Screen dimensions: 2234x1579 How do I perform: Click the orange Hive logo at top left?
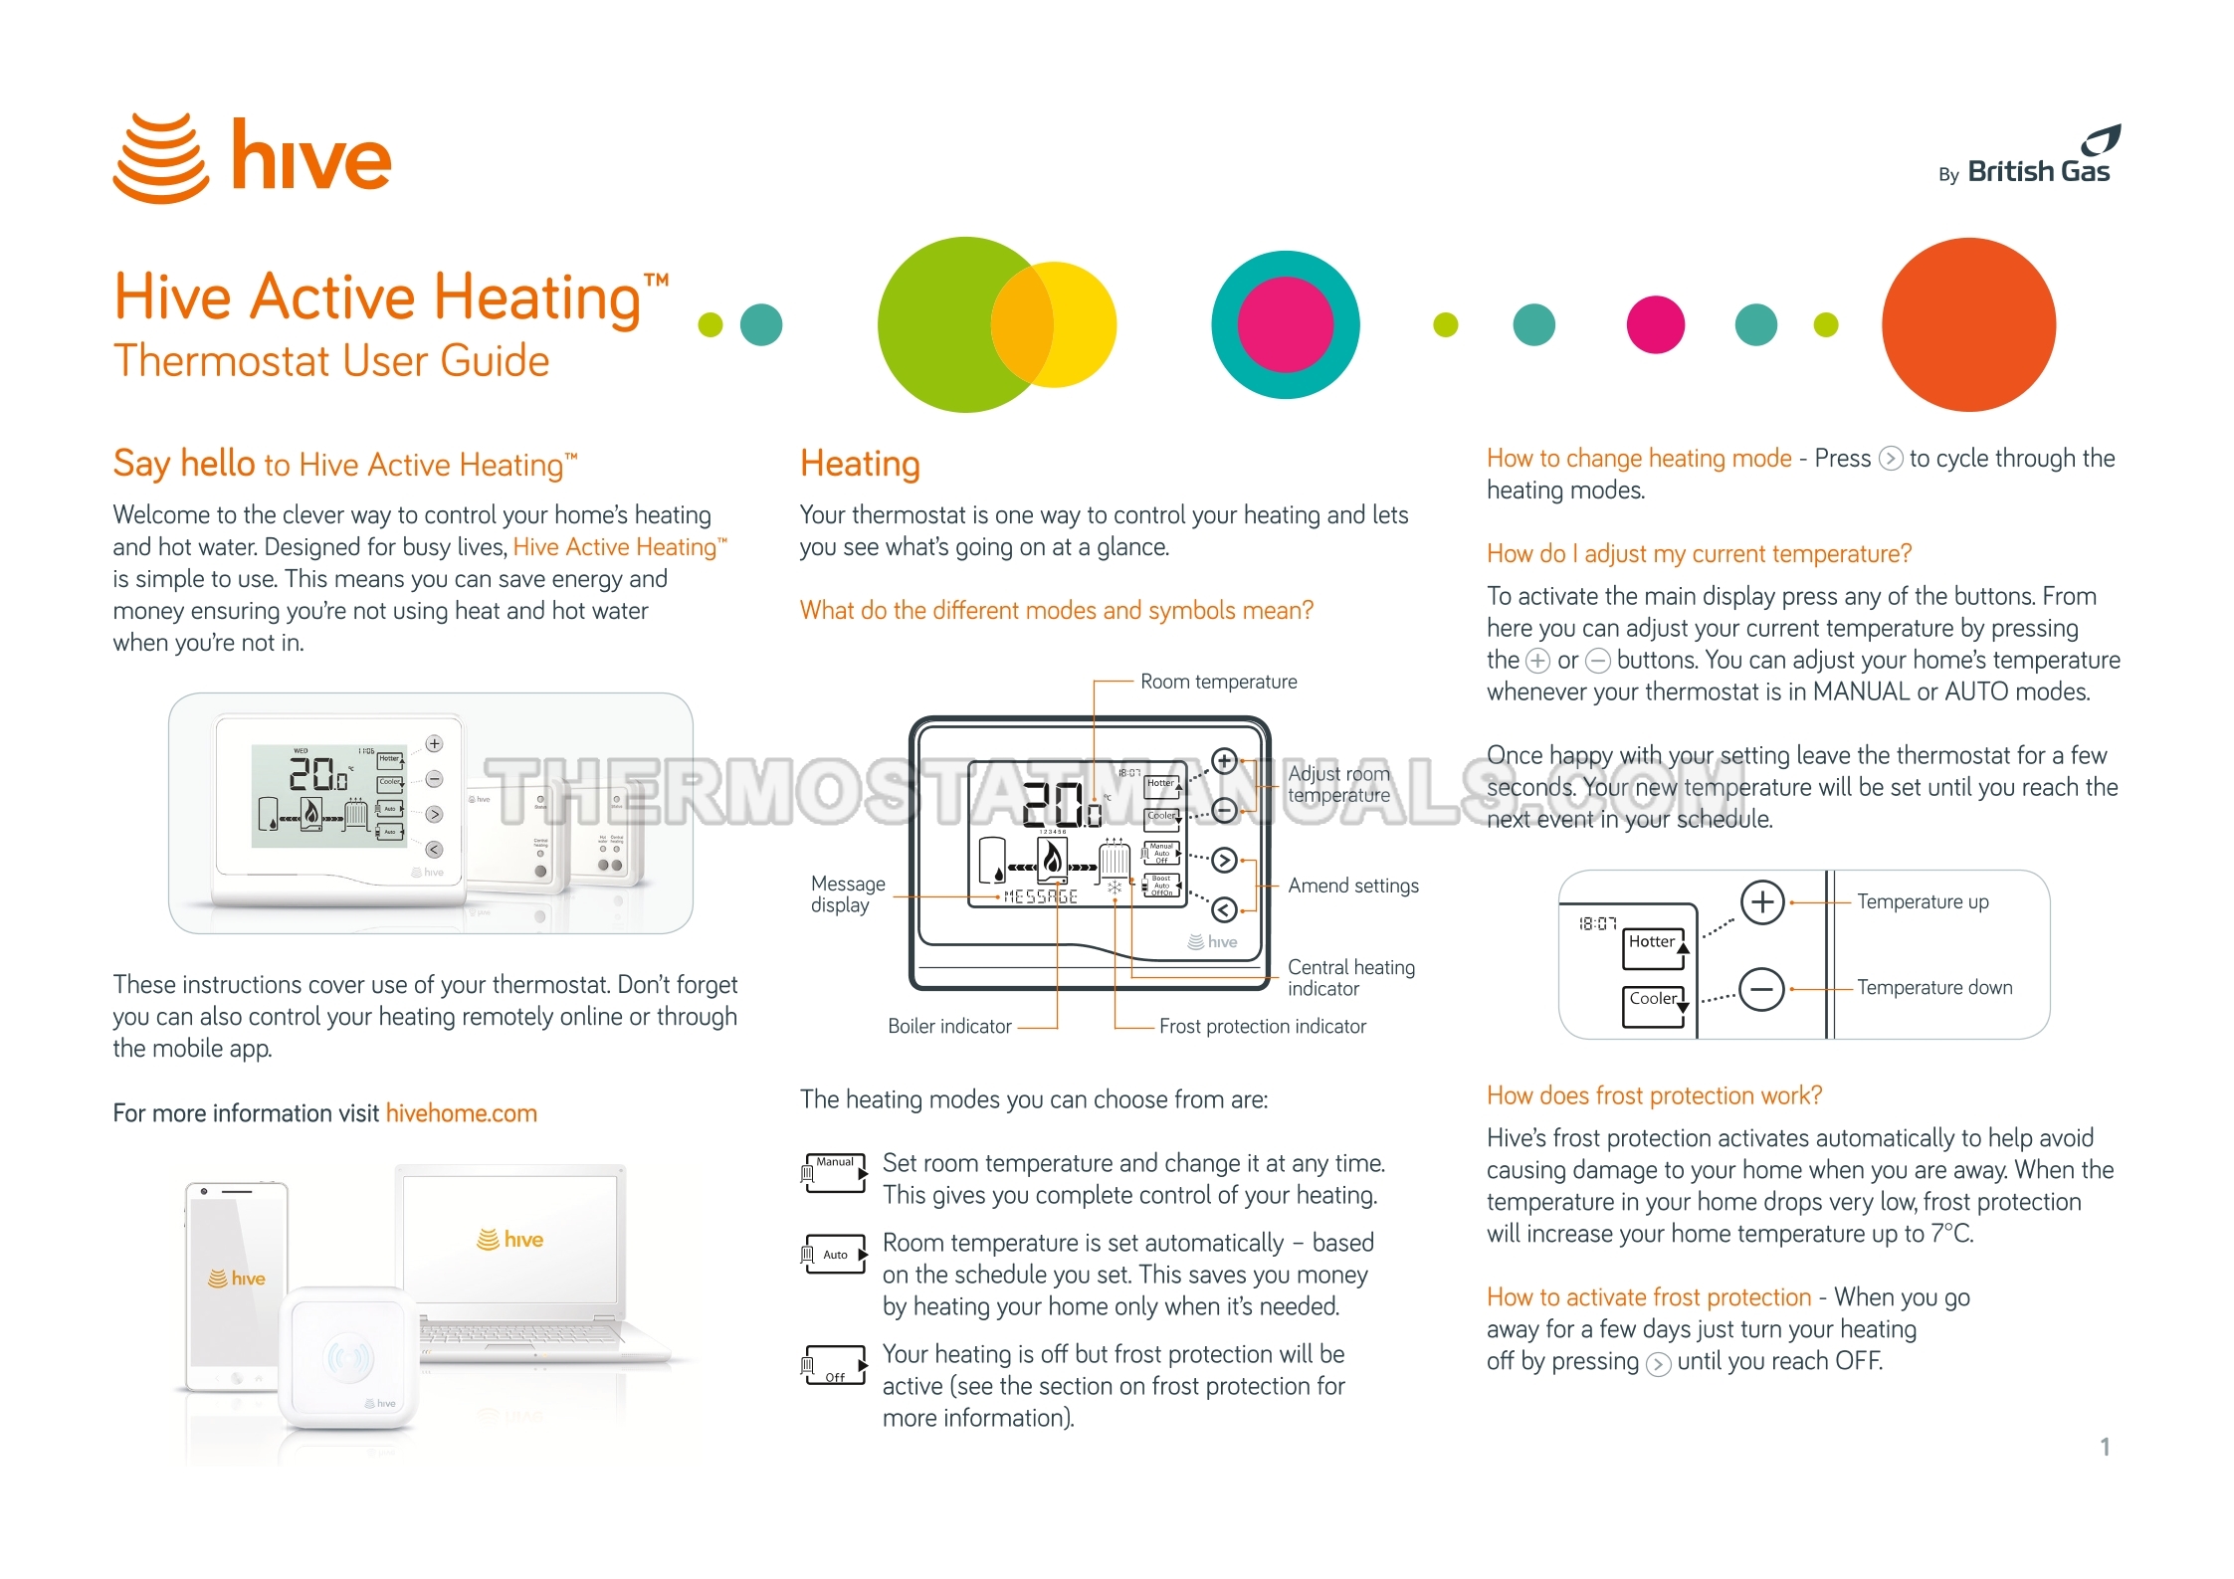point(252,157)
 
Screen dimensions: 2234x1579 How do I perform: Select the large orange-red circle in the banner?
point(1968,324)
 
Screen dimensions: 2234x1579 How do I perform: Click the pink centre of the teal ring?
point(1286,324)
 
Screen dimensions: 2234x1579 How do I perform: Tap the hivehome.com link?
point(462,1113)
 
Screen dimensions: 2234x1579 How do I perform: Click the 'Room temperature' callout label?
point(1219,682)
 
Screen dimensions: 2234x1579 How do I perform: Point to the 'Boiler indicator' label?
point(949,1026)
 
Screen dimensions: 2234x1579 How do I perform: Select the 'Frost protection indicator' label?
point(1263,1026)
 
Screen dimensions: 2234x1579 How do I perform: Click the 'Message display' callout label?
point(848,894)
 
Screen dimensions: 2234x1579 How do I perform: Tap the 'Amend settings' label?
point(1353,886)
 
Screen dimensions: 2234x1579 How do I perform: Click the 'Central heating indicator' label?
point(1351,978)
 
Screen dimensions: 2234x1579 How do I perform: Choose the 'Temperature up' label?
point(1923,901)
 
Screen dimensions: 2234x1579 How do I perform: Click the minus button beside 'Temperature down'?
point(1761,989)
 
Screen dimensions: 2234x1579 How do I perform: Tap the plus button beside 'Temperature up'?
point(1762,902)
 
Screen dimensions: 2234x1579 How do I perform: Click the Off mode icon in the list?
point(835,1365)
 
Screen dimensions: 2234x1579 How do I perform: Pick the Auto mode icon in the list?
point(835,1255)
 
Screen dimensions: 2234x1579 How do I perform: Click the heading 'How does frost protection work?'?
point(1654,1095)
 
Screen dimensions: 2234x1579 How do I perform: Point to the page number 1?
point(2105,1447)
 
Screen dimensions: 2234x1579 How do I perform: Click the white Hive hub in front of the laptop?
point(348,1358)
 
